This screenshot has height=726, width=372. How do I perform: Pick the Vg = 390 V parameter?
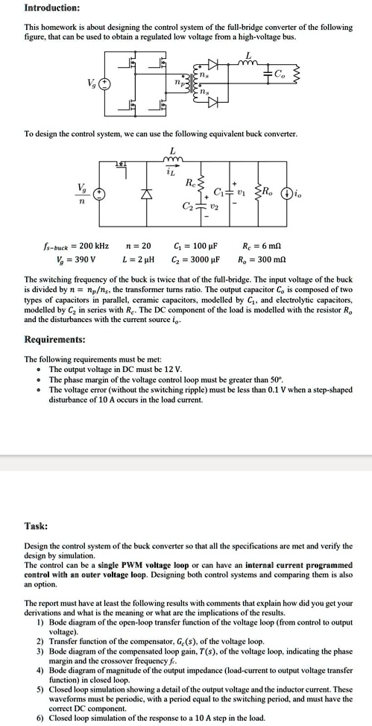tap(69, 259)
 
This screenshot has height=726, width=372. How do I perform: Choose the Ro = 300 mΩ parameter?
tap(262, 259)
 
